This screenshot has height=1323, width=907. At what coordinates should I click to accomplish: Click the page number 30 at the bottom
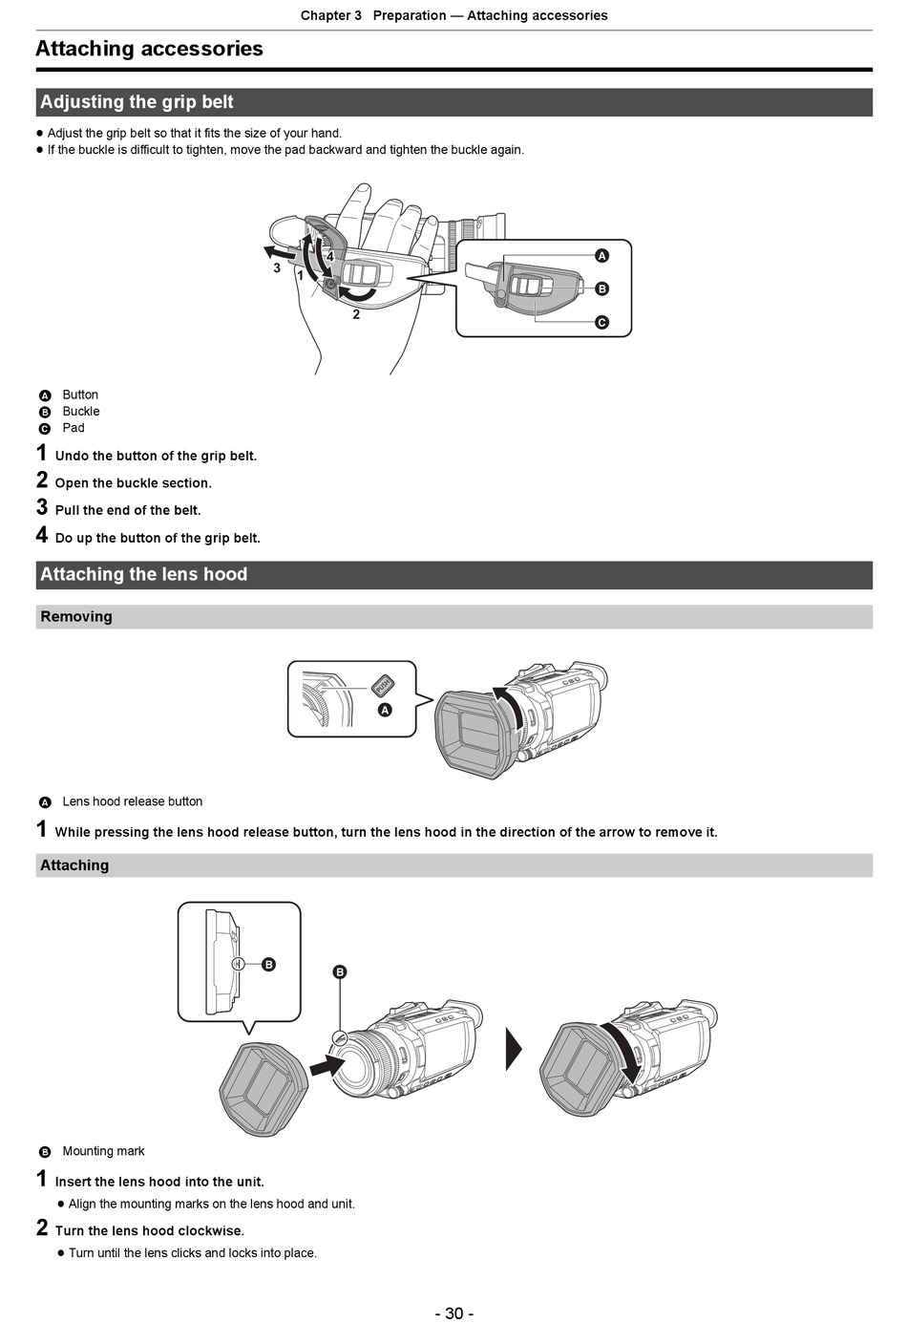coord(453,1313)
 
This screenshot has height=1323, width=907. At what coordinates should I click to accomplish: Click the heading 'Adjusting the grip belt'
coord(137,102)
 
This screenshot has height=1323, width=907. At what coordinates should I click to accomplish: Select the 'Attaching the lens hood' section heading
coord(143,574)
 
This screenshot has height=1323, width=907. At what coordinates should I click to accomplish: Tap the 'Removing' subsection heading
coord(76,617)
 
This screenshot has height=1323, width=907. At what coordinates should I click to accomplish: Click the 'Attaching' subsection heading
coord(74,865)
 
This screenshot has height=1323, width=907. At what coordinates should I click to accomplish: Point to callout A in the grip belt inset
coord(601,256)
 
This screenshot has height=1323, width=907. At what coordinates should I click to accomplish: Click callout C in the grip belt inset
coord(601,323)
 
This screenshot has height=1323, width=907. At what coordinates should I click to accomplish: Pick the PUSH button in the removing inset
coord(383,685)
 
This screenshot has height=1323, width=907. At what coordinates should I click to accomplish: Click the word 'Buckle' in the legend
coord(81,412)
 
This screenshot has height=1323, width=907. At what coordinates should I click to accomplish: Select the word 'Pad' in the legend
coord(74,428)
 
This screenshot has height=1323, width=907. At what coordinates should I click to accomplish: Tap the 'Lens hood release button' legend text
coord(133,801)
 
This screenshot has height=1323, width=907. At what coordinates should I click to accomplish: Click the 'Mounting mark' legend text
coord(103,1151)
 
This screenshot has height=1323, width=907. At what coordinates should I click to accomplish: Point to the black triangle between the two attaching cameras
coord(514,1049)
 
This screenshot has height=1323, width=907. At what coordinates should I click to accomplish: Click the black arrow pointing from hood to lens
coord(327,1063)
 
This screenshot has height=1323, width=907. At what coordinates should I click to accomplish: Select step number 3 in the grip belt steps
coord(42,508)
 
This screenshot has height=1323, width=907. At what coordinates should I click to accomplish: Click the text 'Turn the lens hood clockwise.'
coord(150,1230)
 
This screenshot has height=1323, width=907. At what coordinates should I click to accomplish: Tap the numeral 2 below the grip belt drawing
coord(356,314)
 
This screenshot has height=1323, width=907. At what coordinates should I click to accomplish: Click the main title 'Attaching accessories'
coord(149,49)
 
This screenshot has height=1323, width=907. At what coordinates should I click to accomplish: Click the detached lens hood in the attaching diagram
coord(261,1089)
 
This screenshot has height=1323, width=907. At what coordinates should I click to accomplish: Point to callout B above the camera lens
coord(340,972)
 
